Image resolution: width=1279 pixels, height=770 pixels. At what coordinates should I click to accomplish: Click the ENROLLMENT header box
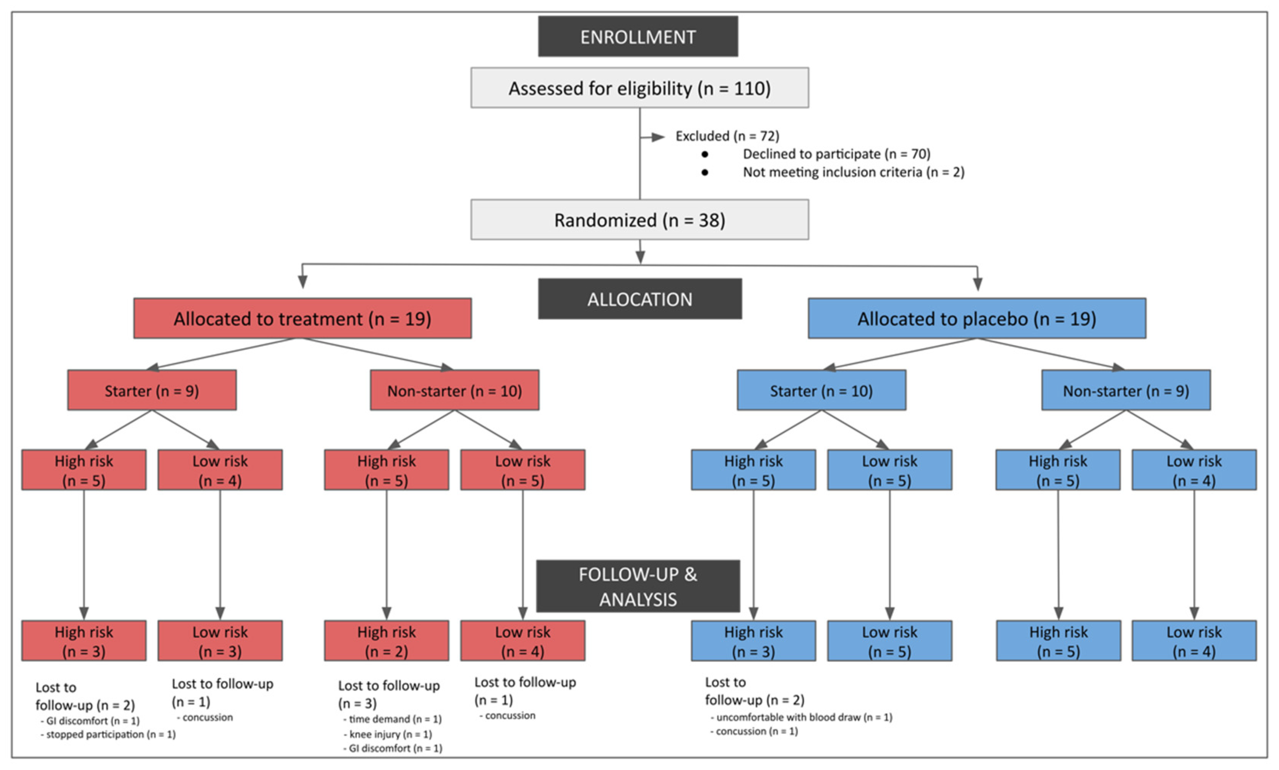tap(637, 36)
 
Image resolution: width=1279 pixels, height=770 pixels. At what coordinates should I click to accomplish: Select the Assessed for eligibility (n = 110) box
tap(639, 88)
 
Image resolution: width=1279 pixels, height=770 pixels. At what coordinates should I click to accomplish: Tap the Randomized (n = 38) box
tap(639, 219)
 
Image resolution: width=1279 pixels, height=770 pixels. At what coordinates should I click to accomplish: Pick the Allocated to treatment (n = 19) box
tap(302, 318)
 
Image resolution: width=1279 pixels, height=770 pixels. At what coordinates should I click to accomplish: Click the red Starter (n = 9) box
tap(151, 390)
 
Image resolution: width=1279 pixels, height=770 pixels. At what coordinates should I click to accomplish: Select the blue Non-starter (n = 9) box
tap(1125, 390)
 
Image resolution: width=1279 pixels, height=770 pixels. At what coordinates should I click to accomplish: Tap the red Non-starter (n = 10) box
tap(454, 390)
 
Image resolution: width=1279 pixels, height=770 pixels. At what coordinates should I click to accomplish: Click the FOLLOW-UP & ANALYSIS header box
tap(637, 586)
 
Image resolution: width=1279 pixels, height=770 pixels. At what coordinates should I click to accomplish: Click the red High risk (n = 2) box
tap(386, 640)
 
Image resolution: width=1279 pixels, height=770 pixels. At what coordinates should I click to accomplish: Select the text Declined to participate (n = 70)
tap(836, 154)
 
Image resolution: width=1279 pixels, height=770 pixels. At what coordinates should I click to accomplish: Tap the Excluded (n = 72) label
tap(727, 136)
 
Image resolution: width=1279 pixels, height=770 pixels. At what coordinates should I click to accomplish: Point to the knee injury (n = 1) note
tap(390, 734)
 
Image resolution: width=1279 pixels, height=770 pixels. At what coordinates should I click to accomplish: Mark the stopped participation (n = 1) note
tap(110, 734)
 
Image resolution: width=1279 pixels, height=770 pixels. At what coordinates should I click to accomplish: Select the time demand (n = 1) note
tap(395, 719)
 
